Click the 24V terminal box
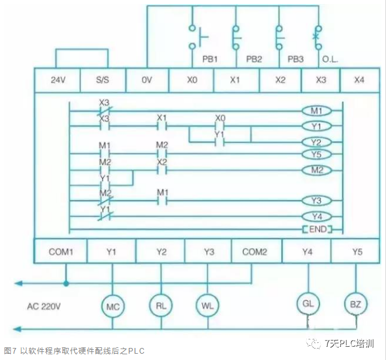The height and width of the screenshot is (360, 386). (57, 80)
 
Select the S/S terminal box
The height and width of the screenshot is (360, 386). (103, 80)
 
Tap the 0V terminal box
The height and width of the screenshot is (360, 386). (147, 80)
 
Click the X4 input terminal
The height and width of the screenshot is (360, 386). (359, 80)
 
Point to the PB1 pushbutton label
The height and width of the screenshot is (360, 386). (209, 59)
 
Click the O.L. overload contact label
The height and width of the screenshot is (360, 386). (330, 59)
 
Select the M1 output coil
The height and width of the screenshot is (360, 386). (317, 111)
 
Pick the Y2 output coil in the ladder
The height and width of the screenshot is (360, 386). (317, 142)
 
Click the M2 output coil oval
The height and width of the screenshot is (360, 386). (317, 170)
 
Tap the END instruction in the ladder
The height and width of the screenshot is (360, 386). (317, 229)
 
